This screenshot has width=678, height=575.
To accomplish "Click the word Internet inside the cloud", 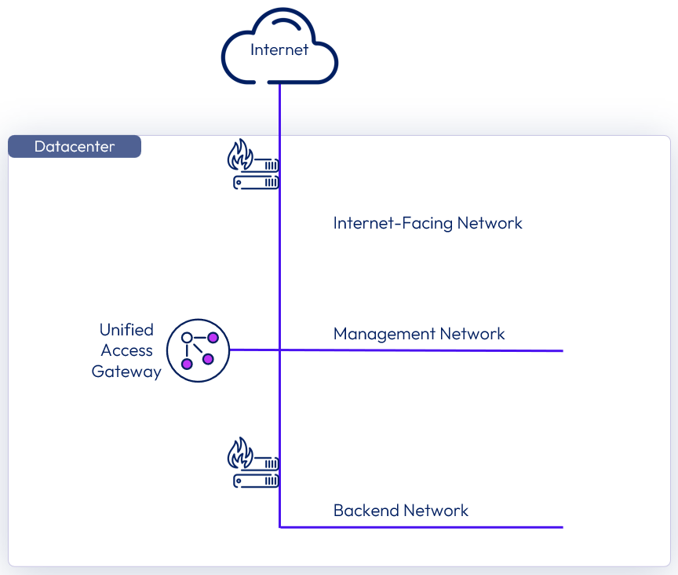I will click(x=279, y=50).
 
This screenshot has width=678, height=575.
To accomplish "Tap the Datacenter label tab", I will click(x=75, y=147).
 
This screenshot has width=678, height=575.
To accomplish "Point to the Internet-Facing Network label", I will click(x=428, y=223).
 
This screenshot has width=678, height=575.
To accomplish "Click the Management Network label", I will click(x=419, y=334).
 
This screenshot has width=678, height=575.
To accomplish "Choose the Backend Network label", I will click(x=401, y=511).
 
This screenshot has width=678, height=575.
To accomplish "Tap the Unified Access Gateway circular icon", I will click(x=198, y=350).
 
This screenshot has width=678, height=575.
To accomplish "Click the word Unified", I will click(x=126, y=330).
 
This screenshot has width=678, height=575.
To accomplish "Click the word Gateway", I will click(x=126, y=372).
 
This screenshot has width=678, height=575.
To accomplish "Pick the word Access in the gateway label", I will click(x=126, y=351).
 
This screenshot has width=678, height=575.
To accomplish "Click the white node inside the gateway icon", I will click(x=187, y=338).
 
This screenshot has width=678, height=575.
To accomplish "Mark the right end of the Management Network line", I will click(x=562, y=350).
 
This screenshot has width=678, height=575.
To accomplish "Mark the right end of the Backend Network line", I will click(x=562, y=527).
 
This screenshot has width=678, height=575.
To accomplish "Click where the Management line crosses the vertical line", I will click(x=280, y=350).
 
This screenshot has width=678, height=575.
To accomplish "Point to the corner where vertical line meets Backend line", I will click(x=280, y=527).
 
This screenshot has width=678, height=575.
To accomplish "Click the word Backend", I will click(x=364, y=511).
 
